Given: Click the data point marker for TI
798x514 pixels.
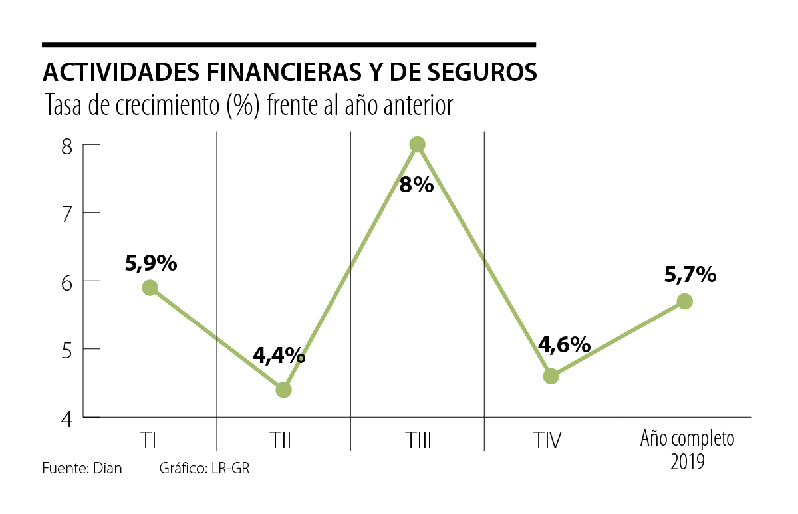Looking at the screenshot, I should click(x=150, y=287).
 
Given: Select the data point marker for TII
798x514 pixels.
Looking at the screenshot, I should click(x=283, y=390).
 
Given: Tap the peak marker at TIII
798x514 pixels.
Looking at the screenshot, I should click(x=417, y=144).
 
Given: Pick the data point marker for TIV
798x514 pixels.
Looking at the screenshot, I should click(x=551, y=376).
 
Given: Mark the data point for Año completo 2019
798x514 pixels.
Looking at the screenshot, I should click(x=685, y=301).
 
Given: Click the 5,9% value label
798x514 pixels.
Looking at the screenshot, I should click(x=151, y=264).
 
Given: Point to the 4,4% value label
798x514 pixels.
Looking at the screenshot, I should click(x=279, y=356).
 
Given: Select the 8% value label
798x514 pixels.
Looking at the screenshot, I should click(x=416, y=184).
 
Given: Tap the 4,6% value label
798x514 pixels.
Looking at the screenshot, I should click(x=564, y=345).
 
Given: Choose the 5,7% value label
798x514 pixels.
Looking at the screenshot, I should click(x=690, y=274).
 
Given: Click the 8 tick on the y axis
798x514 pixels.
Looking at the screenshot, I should click(x=66, y=146).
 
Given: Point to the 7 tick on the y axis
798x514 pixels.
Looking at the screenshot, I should click(x=66, y=213).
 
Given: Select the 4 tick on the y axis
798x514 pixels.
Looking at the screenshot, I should click(x=66, y=418).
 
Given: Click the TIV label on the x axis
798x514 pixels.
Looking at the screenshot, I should click(x=548, y=440).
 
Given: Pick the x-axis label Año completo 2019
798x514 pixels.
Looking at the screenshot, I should click(x=687, y=450).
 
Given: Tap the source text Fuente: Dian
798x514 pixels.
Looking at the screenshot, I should click(x=82, y=468).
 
